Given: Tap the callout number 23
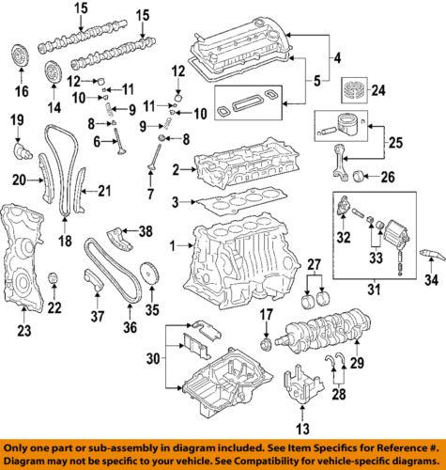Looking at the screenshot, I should [23, 329].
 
